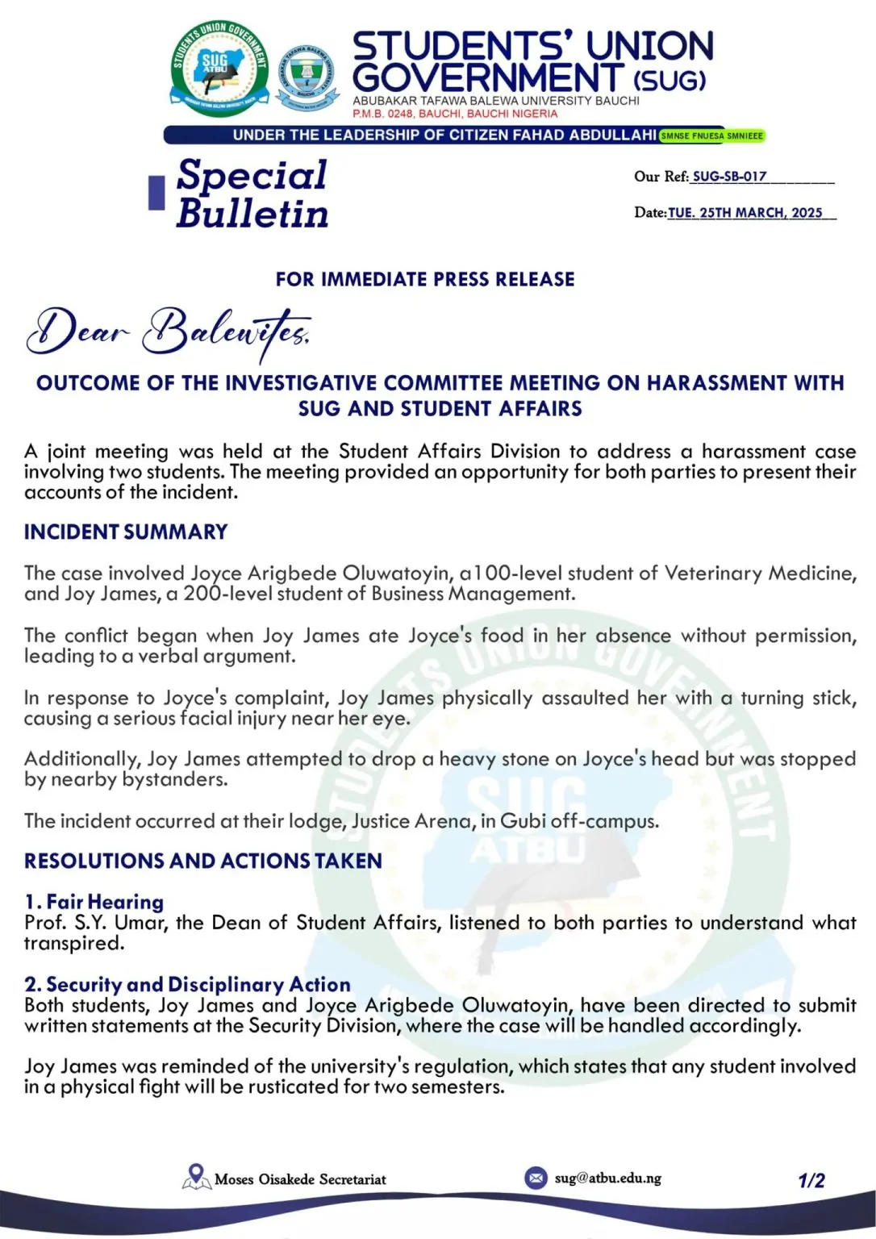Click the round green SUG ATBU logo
pos(219,69)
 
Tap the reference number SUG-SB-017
pos(729,176)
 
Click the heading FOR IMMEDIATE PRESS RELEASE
pos(425,279)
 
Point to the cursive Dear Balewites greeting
pos(169,332)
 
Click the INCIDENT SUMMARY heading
pos(126,532)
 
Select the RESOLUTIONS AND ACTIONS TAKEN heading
pos(203,861)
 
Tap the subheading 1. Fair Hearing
pos(94,902)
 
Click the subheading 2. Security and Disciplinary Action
pos(188,984)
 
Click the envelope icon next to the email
pos(536,1178)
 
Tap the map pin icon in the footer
pos(195,1177)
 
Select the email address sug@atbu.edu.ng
pos(607,1178)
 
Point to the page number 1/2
pos(811,1181)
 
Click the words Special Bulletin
pos(252,194)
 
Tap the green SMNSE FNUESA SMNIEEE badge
pos(711,136)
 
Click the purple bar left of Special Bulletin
pos(156,193)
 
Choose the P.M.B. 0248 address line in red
pos(455,114)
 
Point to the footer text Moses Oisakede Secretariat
pos(300,1179)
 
